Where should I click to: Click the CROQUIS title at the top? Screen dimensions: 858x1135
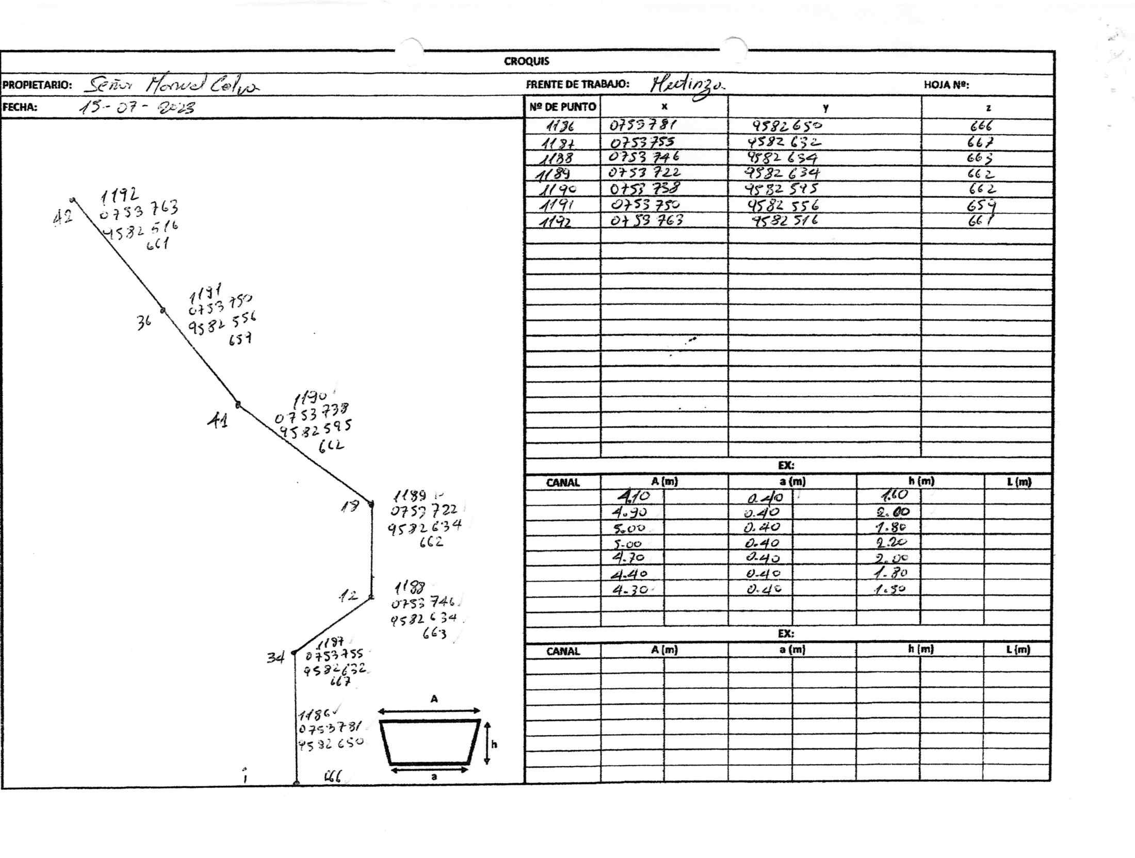(x=526, y=61)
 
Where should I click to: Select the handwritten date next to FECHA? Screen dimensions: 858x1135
(x=137, y=107)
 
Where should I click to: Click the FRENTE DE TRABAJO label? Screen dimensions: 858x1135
(x=577, y=85)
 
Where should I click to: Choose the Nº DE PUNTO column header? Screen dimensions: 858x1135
(x=562, y=107)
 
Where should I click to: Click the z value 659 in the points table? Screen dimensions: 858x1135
(x=981, y=206)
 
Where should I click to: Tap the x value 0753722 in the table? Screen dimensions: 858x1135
(x=644, y=173)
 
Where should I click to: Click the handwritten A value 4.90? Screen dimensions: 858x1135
(x=629, y=512)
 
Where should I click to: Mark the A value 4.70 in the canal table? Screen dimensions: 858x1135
(x=628, y=558)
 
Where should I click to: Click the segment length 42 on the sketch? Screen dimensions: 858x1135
(x=62, y=218)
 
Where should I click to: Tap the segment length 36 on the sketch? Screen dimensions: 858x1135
(x=144, y=323)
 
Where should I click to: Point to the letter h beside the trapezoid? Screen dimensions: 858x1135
(x=494, y=744)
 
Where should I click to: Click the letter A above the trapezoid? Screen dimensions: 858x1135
(x=434, y=699)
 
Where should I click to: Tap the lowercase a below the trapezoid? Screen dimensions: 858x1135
(x=434, y=776)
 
